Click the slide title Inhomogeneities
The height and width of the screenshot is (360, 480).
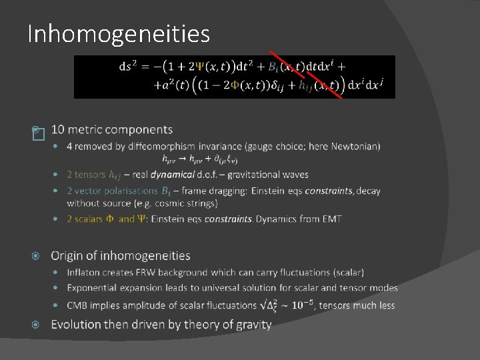coord(119,33)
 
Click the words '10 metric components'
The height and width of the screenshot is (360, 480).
coord(111,129)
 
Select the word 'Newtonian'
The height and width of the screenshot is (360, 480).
coord(355,146)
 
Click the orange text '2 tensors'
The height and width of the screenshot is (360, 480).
coord(86,175)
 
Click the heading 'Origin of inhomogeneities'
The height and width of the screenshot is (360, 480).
coord(121,256)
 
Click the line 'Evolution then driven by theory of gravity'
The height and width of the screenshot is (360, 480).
coord(161,325)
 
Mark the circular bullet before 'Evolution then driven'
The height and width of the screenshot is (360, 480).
coord(37,325)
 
